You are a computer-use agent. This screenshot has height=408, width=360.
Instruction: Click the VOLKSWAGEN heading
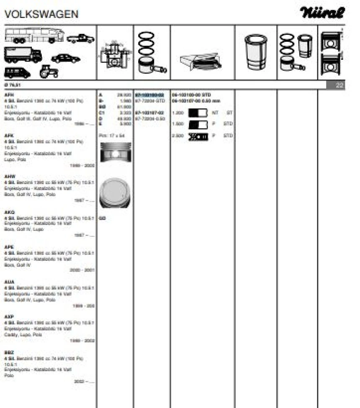pyautogui.click(x=41, y=14)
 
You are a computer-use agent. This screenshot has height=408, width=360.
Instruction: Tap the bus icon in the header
pyautogui.click(x=33, y=36)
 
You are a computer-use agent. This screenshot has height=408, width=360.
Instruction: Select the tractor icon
pyautogui.click(x=49, y=72)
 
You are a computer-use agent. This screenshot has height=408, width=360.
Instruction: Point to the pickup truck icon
pyautogui.click(x=80, y=39)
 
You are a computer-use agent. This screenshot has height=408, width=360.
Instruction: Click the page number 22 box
pyautogui.click(x=339, y=85)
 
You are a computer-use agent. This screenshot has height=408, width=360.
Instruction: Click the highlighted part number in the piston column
pyautogui.click(x=149, y=95)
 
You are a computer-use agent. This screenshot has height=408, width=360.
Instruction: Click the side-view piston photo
pyautogui.click(x=115, y=153)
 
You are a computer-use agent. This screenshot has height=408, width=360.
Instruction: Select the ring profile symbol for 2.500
pyautogui.click(x=198, y=136)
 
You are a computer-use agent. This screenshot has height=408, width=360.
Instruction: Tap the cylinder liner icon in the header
pyautogui.click(x=255, y=52)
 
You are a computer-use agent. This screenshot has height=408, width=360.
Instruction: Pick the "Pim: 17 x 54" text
pyautogui.click(x=111, y=136)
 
